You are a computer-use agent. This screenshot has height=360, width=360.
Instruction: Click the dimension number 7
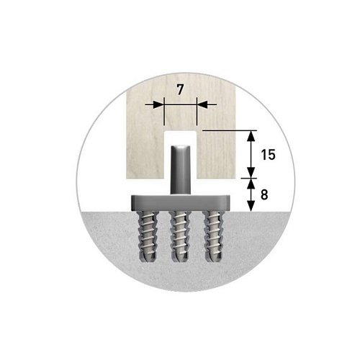[x=180, y=90]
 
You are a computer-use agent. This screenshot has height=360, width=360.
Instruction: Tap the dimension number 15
[x=268, y=155]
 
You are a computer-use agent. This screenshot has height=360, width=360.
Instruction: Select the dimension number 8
[x=264, y=195]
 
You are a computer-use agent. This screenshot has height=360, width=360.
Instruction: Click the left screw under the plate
[x=147, y=236]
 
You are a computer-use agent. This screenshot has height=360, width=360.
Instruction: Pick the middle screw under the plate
[x=181, y=236]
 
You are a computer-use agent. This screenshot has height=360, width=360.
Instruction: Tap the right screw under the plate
[x=214, y=236]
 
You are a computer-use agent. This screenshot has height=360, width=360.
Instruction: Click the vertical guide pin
[x=180, y=170]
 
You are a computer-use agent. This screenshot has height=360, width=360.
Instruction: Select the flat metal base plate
[x=181, y=203]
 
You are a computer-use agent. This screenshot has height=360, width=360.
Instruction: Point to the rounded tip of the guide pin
[x=180, y=146]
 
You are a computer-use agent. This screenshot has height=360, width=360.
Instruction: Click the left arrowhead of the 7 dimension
[x=158, y=104]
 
